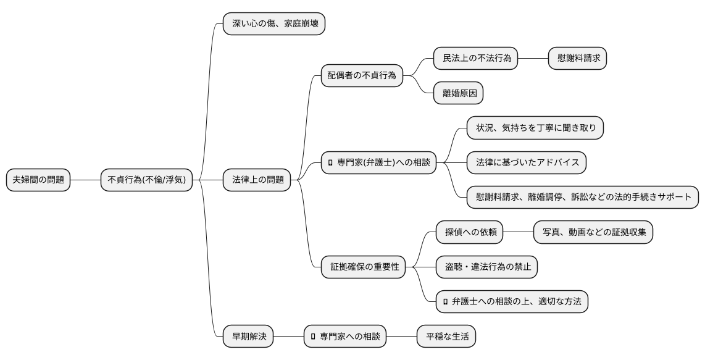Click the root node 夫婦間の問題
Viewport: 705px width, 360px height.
[x=38, y=180]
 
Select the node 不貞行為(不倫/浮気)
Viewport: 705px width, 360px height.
[x=147, y=180]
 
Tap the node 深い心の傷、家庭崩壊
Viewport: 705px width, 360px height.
[x=273, y=24]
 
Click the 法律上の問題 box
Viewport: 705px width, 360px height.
[x=257, y=180]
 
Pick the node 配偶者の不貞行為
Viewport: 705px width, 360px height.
[x=362, y=76]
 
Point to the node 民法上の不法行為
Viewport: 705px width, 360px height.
[x=476, y=59]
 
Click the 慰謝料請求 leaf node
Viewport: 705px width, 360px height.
[x=578, y=59]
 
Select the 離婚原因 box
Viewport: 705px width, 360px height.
[x=459, y=93]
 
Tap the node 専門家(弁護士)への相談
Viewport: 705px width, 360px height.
[x=378, y=163]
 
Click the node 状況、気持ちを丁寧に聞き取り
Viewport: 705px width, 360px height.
[x=535, y=128]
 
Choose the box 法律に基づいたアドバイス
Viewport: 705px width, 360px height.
[x=527, y=163]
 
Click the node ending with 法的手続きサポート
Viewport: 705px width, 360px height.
[x=583, y=198]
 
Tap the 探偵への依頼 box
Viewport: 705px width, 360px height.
[x=469, y=233]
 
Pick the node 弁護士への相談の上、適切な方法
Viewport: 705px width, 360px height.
[x=512, y=302]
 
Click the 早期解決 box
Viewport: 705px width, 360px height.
[x=248, y=337]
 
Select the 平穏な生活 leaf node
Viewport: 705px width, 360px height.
[x=447, y=337]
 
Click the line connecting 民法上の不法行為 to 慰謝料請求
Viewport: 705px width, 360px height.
[x=533, y=59]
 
